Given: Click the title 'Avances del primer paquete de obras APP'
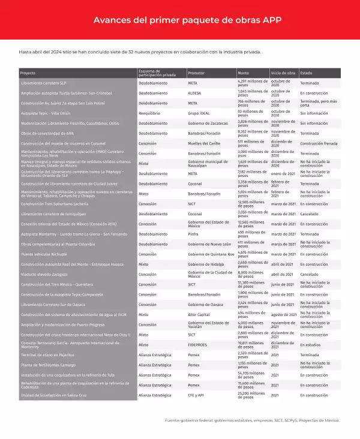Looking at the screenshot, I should (180, 20).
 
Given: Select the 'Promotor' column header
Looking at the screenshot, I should (197, 73).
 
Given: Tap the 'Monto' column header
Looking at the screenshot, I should (244, 73).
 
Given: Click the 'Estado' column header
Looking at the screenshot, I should (306, 73).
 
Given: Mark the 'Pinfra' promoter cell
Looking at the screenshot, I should (194, 234).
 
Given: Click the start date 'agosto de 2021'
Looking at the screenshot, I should (284, 314).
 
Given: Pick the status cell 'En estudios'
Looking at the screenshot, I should (311, 345).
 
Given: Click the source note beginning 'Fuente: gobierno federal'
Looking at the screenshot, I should (252, 420).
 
